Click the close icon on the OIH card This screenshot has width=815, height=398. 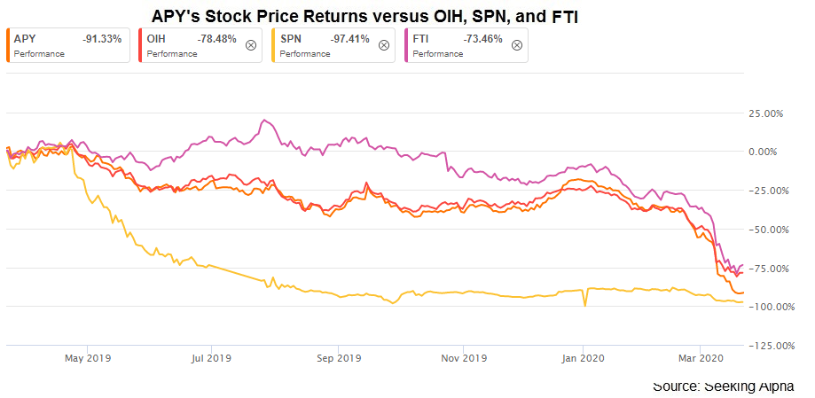(251, 45)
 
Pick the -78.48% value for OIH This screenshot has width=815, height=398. (217, 40)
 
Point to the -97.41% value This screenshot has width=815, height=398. (349, 40)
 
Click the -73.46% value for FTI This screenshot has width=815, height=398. (483, 40)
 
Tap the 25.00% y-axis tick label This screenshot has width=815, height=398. (768, 113)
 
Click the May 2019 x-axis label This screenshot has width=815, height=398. (86, 359)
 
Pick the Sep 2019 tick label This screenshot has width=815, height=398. (337, 359)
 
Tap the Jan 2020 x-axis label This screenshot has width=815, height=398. (584, 359)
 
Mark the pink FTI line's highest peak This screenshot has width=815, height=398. (263, 121)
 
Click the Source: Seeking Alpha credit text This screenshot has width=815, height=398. (723, 386)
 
